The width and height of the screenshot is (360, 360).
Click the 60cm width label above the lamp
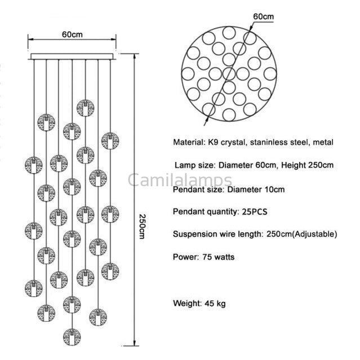pyautogui.click(x=72, y=34)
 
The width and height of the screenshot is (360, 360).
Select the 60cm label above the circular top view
pyautogui.click(x=263, y=16)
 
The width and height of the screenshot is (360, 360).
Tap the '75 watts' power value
pyautogui.click(x=217, y=257)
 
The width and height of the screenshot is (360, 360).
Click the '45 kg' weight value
pyautogui.click(x=214, y=303)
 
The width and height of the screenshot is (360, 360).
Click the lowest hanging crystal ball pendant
pyautogui.click(x=71, y=336)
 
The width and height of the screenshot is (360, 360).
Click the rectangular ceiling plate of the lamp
pyautogui.click(x=72, y=56)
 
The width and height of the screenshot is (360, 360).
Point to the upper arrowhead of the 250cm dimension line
pyautogui.click(x=134, y=56)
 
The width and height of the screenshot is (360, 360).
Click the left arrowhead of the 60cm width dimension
pyautogui.click(x=30, y=40)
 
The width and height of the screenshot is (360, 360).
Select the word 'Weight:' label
pyautogui.click(x=187, y=303)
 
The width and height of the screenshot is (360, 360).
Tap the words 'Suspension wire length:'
pyautogui.click(x=217, y=234)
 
